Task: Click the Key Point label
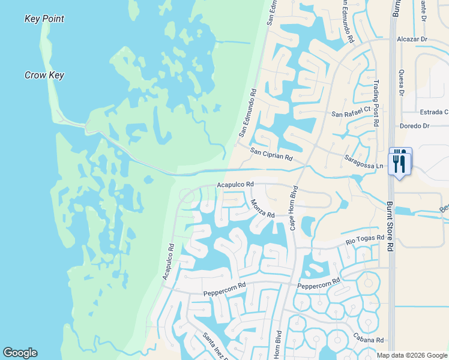pos(44,19)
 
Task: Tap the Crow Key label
pos(44,75)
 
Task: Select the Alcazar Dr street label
pos(412,39)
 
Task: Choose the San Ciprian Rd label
pos(271,154)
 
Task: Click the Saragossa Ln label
pos(364,161)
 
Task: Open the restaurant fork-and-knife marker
pos(399,161)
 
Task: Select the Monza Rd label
pos(263,208)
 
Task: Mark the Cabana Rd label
pos(368,340)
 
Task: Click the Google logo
pos(20,353)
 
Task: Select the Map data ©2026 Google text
pos(412,355)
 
